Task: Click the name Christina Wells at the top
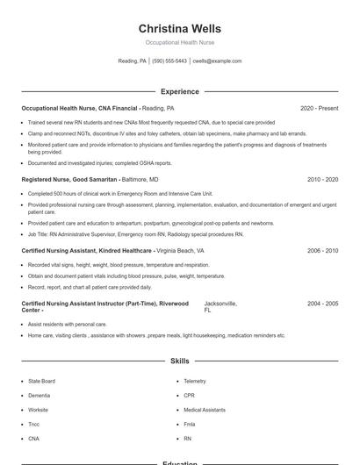pos(179,28)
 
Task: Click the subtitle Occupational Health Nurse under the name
pos(179,42)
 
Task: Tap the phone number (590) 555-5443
pos(169,61)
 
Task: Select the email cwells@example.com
pos(217,61)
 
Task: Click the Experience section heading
pos(179,91)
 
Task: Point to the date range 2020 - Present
pos(319,108)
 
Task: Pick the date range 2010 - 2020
pos(322,179)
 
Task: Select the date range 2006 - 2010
pos(322,250)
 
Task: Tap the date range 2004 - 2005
pos(322,304)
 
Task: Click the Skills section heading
pos(179,361)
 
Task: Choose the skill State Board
pos(41,381)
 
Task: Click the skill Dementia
pos(39,395)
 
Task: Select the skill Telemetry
pos(195,381)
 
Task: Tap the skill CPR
pos(189,395)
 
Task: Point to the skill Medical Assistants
pos(204,410)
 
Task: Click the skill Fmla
pos(189,424)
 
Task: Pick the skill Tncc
pos(34,424)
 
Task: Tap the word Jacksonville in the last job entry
pos(220,304)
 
